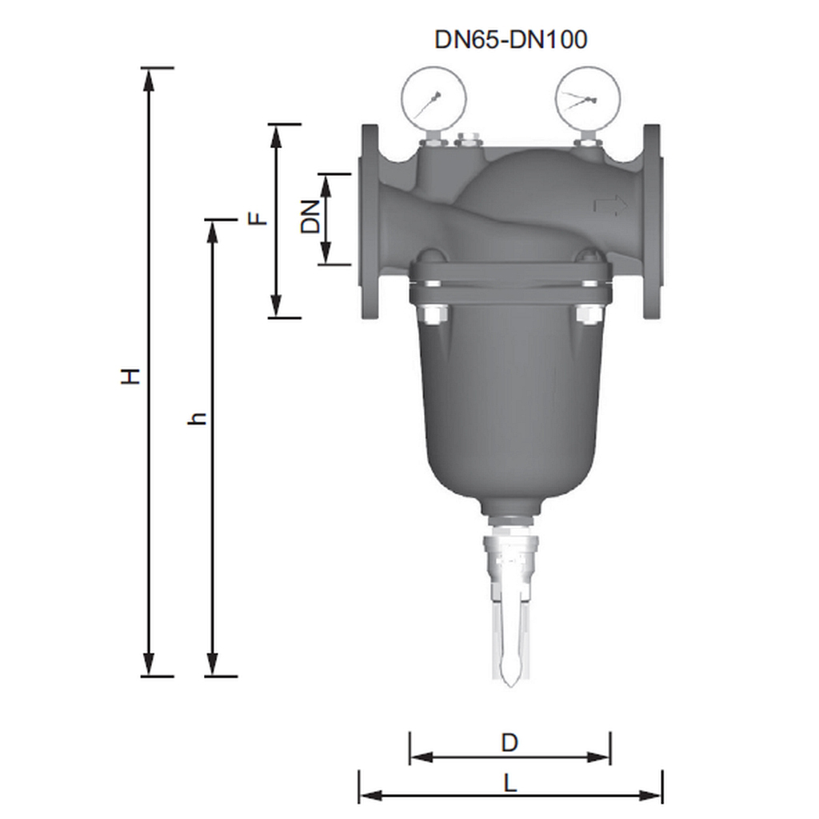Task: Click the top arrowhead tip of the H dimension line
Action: [x=150, y=69]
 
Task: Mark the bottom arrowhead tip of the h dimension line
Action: [x=212, y=676]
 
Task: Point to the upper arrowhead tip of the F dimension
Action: [x=276, y=125]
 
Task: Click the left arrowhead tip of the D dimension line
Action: [x=410, y=757]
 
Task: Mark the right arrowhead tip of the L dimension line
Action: [x=661, y=796]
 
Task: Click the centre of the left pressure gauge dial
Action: [x=433, y=98]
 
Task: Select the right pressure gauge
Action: [x=588, y=98]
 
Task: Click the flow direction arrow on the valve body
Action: [x=610, y=206]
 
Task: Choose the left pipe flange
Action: [x=369, y=222]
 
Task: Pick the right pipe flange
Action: [x=653, y=222]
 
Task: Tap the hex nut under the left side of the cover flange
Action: [x=433, y=316]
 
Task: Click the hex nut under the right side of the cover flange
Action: [x=588, y=316]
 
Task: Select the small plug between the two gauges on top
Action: [x=468, y=140]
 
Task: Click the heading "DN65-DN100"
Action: [x=511, y=39]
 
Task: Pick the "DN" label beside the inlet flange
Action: [x=310, y=217]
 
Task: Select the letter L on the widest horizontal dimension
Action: [x=510, y=784]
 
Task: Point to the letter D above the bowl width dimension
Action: [x=509, y=743]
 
